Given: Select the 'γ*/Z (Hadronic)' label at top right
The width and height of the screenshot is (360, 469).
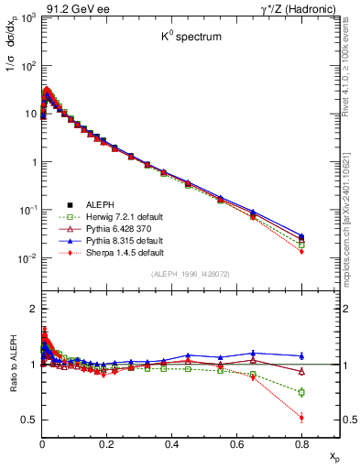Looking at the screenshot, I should [289, 8].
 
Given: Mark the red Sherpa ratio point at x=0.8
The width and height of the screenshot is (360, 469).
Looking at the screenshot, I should [301, 418].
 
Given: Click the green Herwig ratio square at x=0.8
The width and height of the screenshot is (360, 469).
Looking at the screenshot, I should [301, 392].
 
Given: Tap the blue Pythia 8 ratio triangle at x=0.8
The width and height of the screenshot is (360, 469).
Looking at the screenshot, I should [301, 355].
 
